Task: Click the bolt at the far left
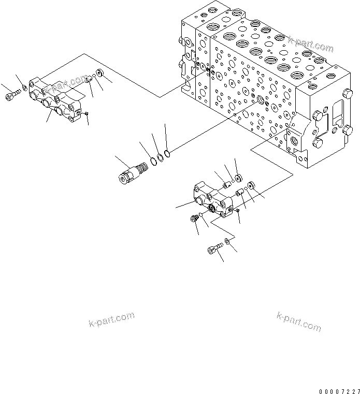[11, 97]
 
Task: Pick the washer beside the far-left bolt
[24, 93]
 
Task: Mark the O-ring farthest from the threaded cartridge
[167, 152]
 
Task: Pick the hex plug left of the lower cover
[194, 219]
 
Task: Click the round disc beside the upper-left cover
[99, 77]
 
